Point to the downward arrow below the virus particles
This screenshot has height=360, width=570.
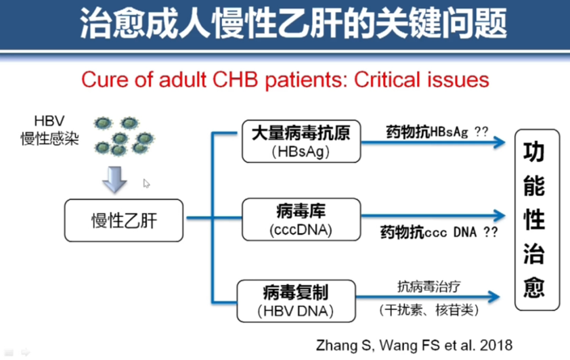click(114, 179)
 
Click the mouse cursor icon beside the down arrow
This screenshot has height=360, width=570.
click(146, 183)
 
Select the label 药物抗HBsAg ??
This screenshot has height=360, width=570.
click(437, 132)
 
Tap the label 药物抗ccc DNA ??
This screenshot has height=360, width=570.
click(439, 231)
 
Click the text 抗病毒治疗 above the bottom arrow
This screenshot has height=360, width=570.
click(429, 287)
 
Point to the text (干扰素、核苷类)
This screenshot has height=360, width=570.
click(429, 310)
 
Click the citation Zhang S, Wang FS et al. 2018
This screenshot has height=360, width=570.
click(414, 345)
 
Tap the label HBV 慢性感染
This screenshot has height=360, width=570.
click(50, 130)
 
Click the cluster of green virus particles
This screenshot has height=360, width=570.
click(124, 135)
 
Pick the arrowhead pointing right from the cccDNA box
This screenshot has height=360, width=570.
click(499, 215)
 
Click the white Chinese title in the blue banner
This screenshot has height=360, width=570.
click(293, 24)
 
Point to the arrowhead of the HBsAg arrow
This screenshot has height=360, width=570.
click(499, 142)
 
